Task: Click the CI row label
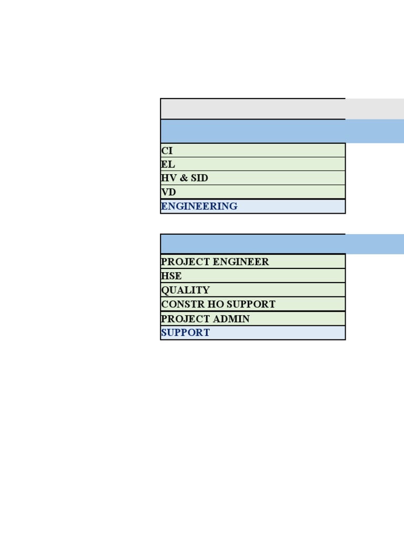pyautogui.click(x=167, y=151)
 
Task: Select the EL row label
pyautogui.click(x=168, y=164)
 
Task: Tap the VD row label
pyautogui.click(x=168, y=192)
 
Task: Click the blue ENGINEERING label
pyautogui.click(x=199, y=206)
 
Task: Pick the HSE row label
pyautogui.click(x=171, y=276)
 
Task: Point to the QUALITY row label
pyautogui.click(x=186, y=290)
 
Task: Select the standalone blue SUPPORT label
pyautogui.click(x=185, y=333)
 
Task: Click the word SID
pyautogui.click(x=199, y=178)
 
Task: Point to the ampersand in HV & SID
pyautogui.click(x=184, y=178)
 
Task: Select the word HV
pyautogui.click(x=169, y=178)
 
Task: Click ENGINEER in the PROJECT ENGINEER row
pyautogui.click(x=241, y=262)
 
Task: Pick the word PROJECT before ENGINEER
pyautogui.click(x=186, y=262)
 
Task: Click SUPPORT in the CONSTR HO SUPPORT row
pyautogui.click(x=251, y=304)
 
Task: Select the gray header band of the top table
pyautogui.click(x=282, y=109)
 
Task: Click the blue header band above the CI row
pyautogui.click(x=282, y=131)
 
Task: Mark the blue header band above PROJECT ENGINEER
pyautogui.click(x=282, y=244)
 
